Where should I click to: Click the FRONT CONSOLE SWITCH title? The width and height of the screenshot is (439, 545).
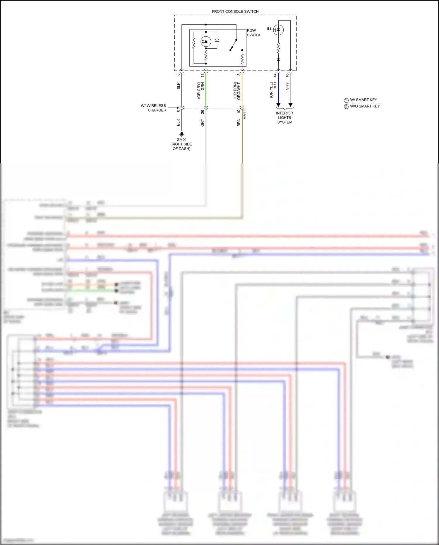pyautogui.click(x=235, y=11)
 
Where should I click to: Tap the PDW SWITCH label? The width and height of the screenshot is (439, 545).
pyautogui.click(x=254, y=33)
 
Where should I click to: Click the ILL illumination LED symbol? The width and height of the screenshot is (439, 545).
pyautogui.click(x=278, y=30)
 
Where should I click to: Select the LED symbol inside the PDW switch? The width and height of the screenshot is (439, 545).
pyautogui.click(x=206, y=42)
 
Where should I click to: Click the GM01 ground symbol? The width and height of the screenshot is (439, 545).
pyautogui.click(x=181, y=134)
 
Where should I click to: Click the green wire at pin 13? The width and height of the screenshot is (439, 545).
pyautogui.click(x=206, y=89)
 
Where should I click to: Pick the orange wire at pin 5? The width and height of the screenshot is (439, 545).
pyautogui.click(x=242, y=89)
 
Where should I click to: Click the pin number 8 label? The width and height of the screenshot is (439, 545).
pyautogui.click(x=178, y=74)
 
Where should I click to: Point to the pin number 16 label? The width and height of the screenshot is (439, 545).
pyautogui.click(x=287, y=75)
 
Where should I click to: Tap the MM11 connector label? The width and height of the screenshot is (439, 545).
pyautogui.click(x=245, y=114)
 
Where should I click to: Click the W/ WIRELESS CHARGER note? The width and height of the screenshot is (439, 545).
pyautogui.click(x=154, y=108)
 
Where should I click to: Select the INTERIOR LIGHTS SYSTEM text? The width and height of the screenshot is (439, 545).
pyautogui.click(x=284, y=117)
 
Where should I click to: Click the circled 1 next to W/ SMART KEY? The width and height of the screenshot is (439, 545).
pyautogui.click(x=346, y=100)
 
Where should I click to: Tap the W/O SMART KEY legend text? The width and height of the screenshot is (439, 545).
pyautogui.click(x=365, y=106)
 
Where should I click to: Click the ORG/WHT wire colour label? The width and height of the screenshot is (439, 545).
pyautogui.click(x=239, y=91)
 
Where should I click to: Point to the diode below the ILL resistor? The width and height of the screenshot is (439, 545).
pyautogui.click(x=278, y=60)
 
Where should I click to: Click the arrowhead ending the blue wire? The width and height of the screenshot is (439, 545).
pyautogui.click(x=278, y=105)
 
